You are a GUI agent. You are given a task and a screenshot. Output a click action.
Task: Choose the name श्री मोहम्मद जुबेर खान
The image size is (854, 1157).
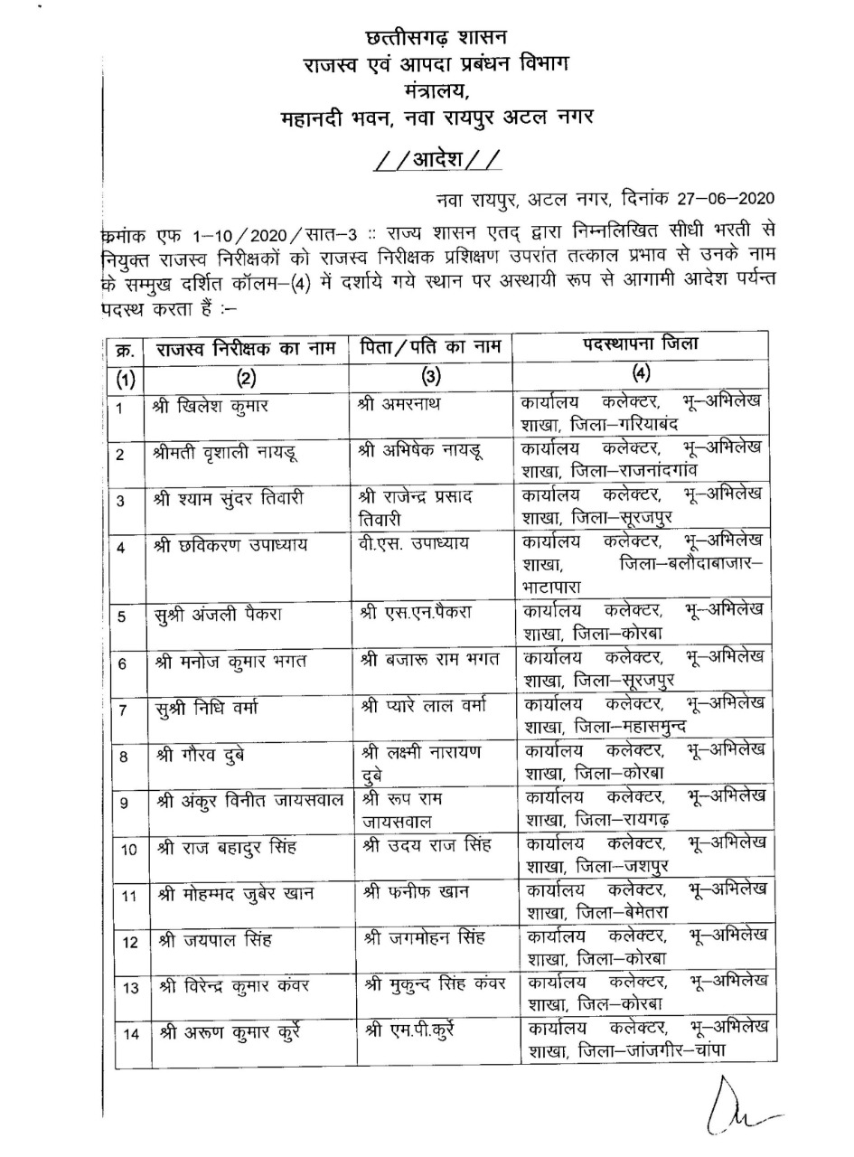[x=237, y=894]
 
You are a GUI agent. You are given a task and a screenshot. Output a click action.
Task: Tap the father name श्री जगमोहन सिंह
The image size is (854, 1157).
[x=427, y=939]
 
